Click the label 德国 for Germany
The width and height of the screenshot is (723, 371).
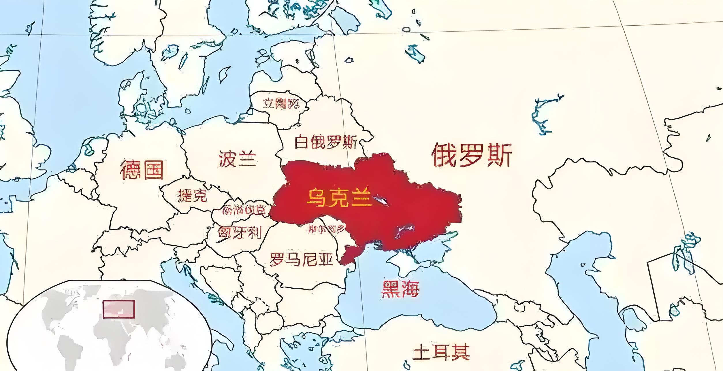coord(142,170)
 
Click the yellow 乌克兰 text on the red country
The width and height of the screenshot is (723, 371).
coord(339,198)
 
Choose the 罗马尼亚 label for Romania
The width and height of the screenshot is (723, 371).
coord(301,259)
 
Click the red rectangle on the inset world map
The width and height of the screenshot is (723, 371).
coord(119,309)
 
